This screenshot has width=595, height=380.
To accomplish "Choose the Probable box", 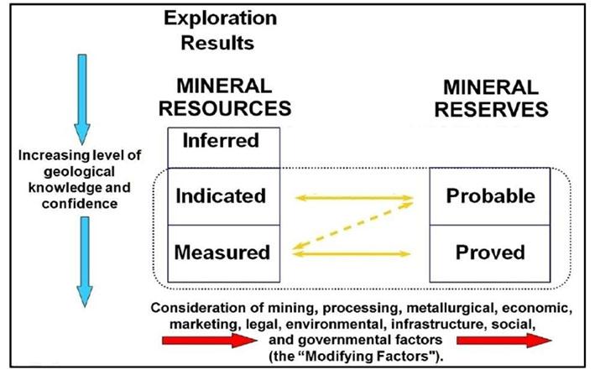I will tap(491, 196).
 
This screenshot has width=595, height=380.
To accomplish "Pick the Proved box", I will tap(491, 252).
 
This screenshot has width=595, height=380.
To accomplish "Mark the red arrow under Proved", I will tap(504, 340).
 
